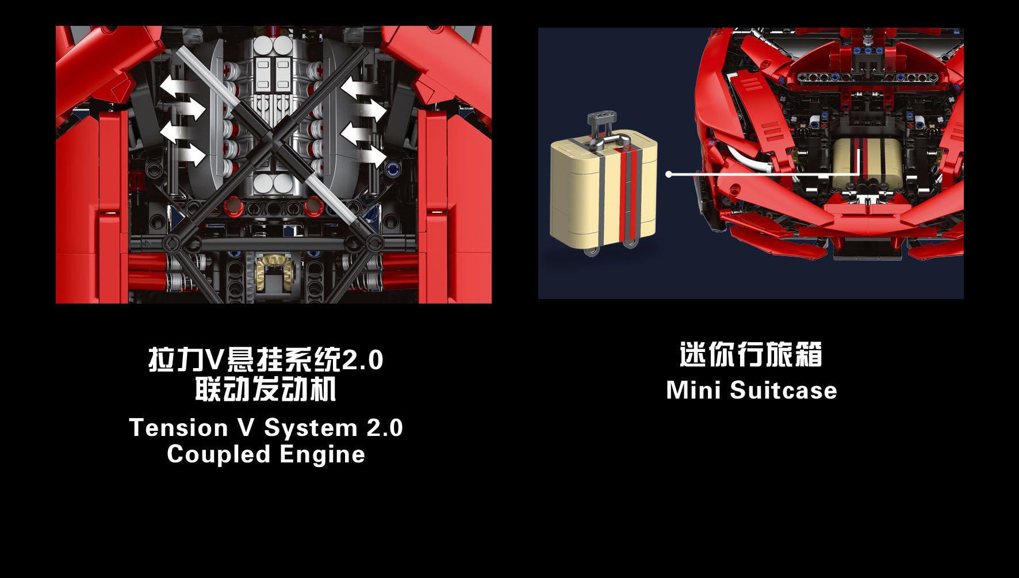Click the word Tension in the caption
179,428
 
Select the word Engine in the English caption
323,455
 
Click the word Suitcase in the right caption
784,391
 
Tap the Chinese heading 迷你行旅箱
751,354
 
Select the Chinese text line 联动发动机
265,389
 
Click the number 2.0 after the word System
385,428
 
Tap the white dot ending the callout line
669,174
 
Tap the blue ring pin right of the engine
394,170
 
